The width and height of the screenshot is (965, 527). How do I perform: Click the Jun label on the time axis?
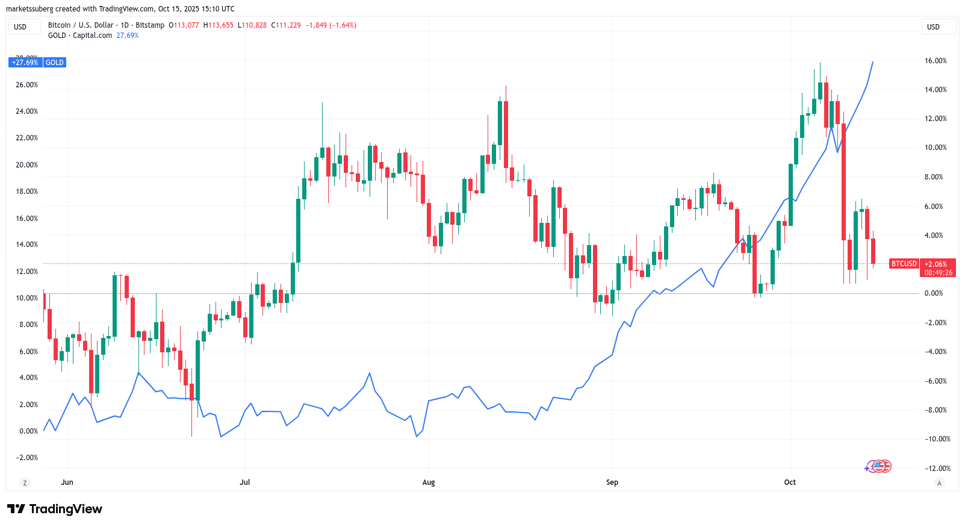(x=67, y=482)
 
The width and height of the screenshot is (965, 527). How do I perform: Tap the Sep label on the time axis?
(x=612, y=482)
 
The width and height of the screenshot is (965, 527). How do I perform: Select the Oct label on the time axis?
(x=790, y=482)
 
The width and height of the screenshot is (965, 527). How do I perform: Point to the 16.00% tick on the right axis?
(x=936, y=61)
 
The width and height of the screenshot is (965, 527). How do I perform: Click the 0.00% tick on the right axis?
(x=934, y=293)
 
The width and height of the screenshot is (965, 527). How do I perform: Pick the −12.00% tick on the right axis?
(x=937, y=469)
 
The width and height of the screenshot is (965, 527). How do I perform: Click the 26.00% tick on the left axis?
(x=26, y=85)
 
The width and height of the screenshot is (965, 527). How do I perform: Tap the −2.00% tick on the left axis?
(x=26, y=458)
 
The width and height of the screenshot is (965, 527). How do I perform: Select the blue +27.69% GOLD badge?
(x=37, y=63)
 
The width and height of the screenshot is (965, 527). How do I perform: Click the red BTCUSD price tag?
(x=904, y=264)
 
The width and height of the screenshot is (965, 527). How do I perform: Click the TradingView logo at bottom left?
(x=55, y=510)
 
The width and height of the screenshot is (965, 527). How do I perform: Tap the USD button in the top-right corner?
(x=938, y=27)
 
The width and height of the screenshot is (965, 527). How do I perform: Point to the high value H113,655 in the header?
(x=218, y=25)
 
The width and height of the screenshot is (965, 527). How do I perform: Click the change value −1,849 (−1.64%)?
(x=330, y=25)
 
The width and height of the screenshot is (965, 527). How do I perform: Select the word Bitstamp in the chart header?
(x=150, y=25)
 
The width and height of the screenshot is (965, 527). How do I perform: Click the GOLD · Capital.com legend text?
(x=80, y=36)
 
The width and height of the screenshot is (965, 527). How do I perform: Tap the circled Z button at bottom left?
(x=25, y=483)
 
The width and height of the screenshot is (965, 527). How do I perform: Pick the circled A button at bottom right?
(x=939, y=483)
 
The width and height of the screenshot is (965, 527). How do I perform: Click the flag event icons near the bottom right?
(x=879, y=466)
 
